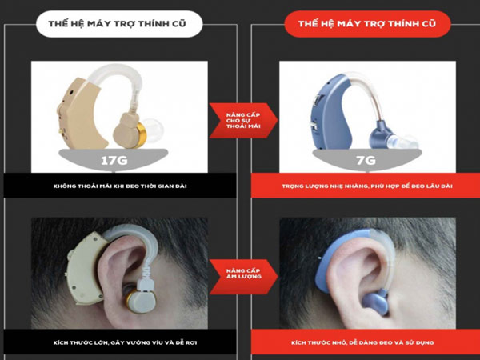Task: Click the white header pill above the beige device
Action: pyautogui.click(x=119, y=24)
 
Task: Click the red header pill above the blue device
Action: pyautogui.click(x=367, y=24)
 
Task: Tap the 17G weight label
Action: pyautogui.click(x=114, y=160)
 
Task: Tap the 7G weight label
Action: pyautogui.click(x=366, y=160)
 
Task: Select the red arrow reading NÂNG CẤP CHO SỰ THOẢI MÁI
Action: pyautogui.click(x=243, y=120)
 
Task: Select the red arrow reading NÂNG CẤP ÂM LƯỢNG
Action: pyautogui.click(x=243, y=277)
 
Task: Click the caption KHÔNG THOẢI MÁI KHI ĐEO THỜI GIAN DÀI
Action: pyautogui.click(x=120, y=186)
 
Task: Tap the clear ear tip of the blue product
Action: pyautogui.click(x=402, y=142)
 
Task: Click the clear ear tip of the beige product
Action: pyautogui.click(x=154, y=130)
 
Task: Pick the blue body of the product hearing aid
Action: pyautogui.click(x=330, y=114)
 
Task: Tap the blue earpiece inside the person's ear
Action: pyautogui.click(x=375, y=302)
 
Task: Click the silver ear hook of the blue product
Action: pyautogui.click(x=373, y=92)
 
